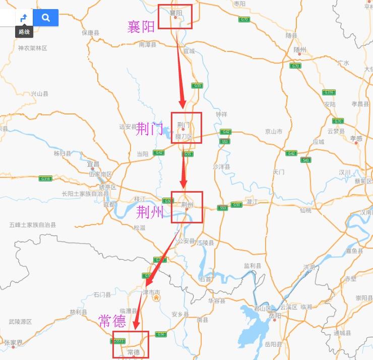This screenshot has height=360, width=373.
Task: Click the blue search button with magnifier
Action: pyautogui.click(x=46, y=18)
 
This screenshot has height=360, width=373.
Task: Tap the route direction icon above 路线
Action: pyautogui.click(x=23, y=18)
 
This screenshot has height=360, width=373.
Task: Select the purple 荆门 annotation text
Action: pyautogui.click(x=150, y=129)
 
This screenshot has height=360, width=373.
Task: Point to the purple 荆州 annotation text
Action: pyautogui.click(x=150, y=212)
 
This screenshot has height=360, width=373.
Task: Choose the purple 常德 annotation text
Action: pyautogui.click(x=112, y=322)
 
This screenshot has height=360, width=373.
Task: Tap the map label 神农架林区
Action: pyautogui.click(x=32, y=48)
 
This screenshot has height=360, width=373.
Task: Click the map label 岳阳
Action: pyautogui.click(x=275, y=315)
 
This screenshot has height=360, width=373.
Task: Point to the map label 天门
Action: pyautogui.click(x=279, y=172)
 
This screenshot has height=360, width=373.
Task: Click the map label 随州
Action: pyautogui.click(x=300, y=49)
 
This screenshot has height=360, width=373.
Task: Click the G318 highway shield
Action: pyautogui.click(x=45, y=178)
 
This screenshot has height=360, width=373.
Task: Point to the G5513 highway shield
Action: pyautogui.click(x=119, y=341)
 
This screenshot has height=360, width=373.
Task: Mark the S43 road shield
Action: pyautogui.click(x=305, y=160)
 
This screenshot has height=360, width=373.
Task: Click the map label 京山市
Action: pyautogui.click(x=274, y=132)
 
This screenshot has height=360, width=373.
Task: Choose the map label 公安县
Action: pyautogui.click(x=185, y=241)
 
